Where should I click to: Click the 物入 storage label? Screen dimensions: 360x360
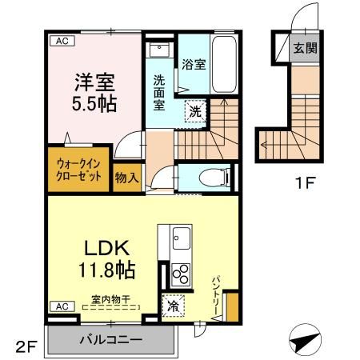pyautogui.click(x=126, y=178)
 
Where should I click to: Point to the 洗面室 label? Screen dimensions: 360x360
pyautogui.click(x=160, y=93)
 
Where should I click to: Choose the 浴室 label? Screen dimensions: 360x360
pyautogui.click(x=194, y=65)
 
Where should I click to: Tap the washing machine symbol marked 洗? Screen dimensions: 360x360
pyautogui.click(x=195, y=112)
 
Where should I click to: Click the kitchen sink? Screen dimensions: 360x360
pyautogui.click(x=181, y=238)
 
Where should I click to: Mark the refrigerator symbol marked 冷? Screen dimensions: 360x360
pyautogui.click(x=173, y=305)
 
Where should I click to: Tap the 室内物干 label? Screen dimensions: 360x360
pyautogui.click(x=111, y=300)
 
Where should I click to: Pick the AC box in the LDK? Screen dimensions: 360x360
pyautogui.click(x=59, y=306)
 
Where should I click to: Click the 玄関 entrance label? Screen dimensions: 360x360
pyautogui.click(x=305, y=48)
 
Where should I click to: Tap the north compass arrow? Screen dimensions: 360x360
pyautogui.click(x=303, y=340)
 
